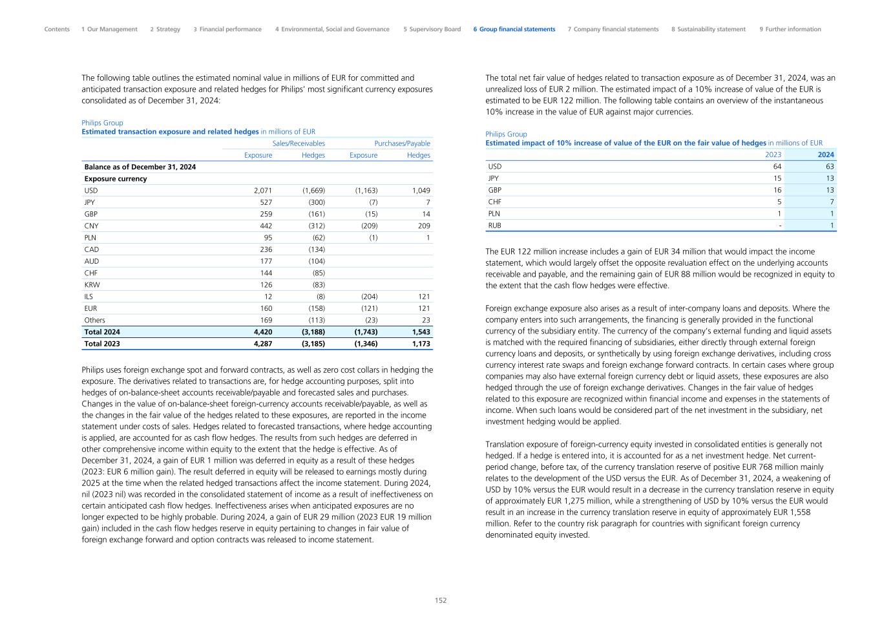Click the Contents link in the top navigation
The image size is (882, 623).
pos(57,29)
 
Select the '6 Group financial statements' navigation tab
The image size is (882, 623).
pos(514,29)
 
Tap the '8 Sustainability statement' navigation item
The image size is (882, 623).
pos(708,29)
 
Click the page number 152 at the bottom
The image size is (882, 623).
pos(441,600)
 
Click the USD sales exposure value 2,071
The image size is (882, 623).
pos(258,191)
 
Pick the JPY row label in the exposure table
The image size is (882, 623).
pos(90,202)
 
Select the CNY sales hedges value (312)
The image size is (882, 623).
pos(313,226)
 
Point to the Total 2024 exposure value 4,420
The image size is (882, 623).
pos(259,332)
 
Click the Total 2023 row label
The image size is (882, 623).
pos(102,344)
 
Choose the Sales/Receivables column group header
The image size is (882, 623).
pos(299,143)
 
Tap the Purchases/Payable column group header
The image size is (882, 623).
pos(402,143)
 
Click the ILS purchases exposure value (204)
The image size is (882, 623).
pos(366,297)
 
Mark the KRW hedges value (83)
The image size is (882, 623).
pos(315,285)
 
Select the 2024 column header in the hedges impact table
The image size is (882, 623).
pos(826,155)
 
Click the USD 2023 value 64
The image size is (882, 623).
pos(777,167)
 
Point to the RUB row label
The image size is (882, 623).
pos(494,226)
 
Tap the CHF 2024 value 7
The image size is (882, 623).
pos(832,202)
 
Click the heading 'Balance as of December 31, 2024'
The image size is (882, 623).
pos(140,167)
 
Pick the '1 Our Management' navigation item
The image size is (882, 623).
pos(109,29)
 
